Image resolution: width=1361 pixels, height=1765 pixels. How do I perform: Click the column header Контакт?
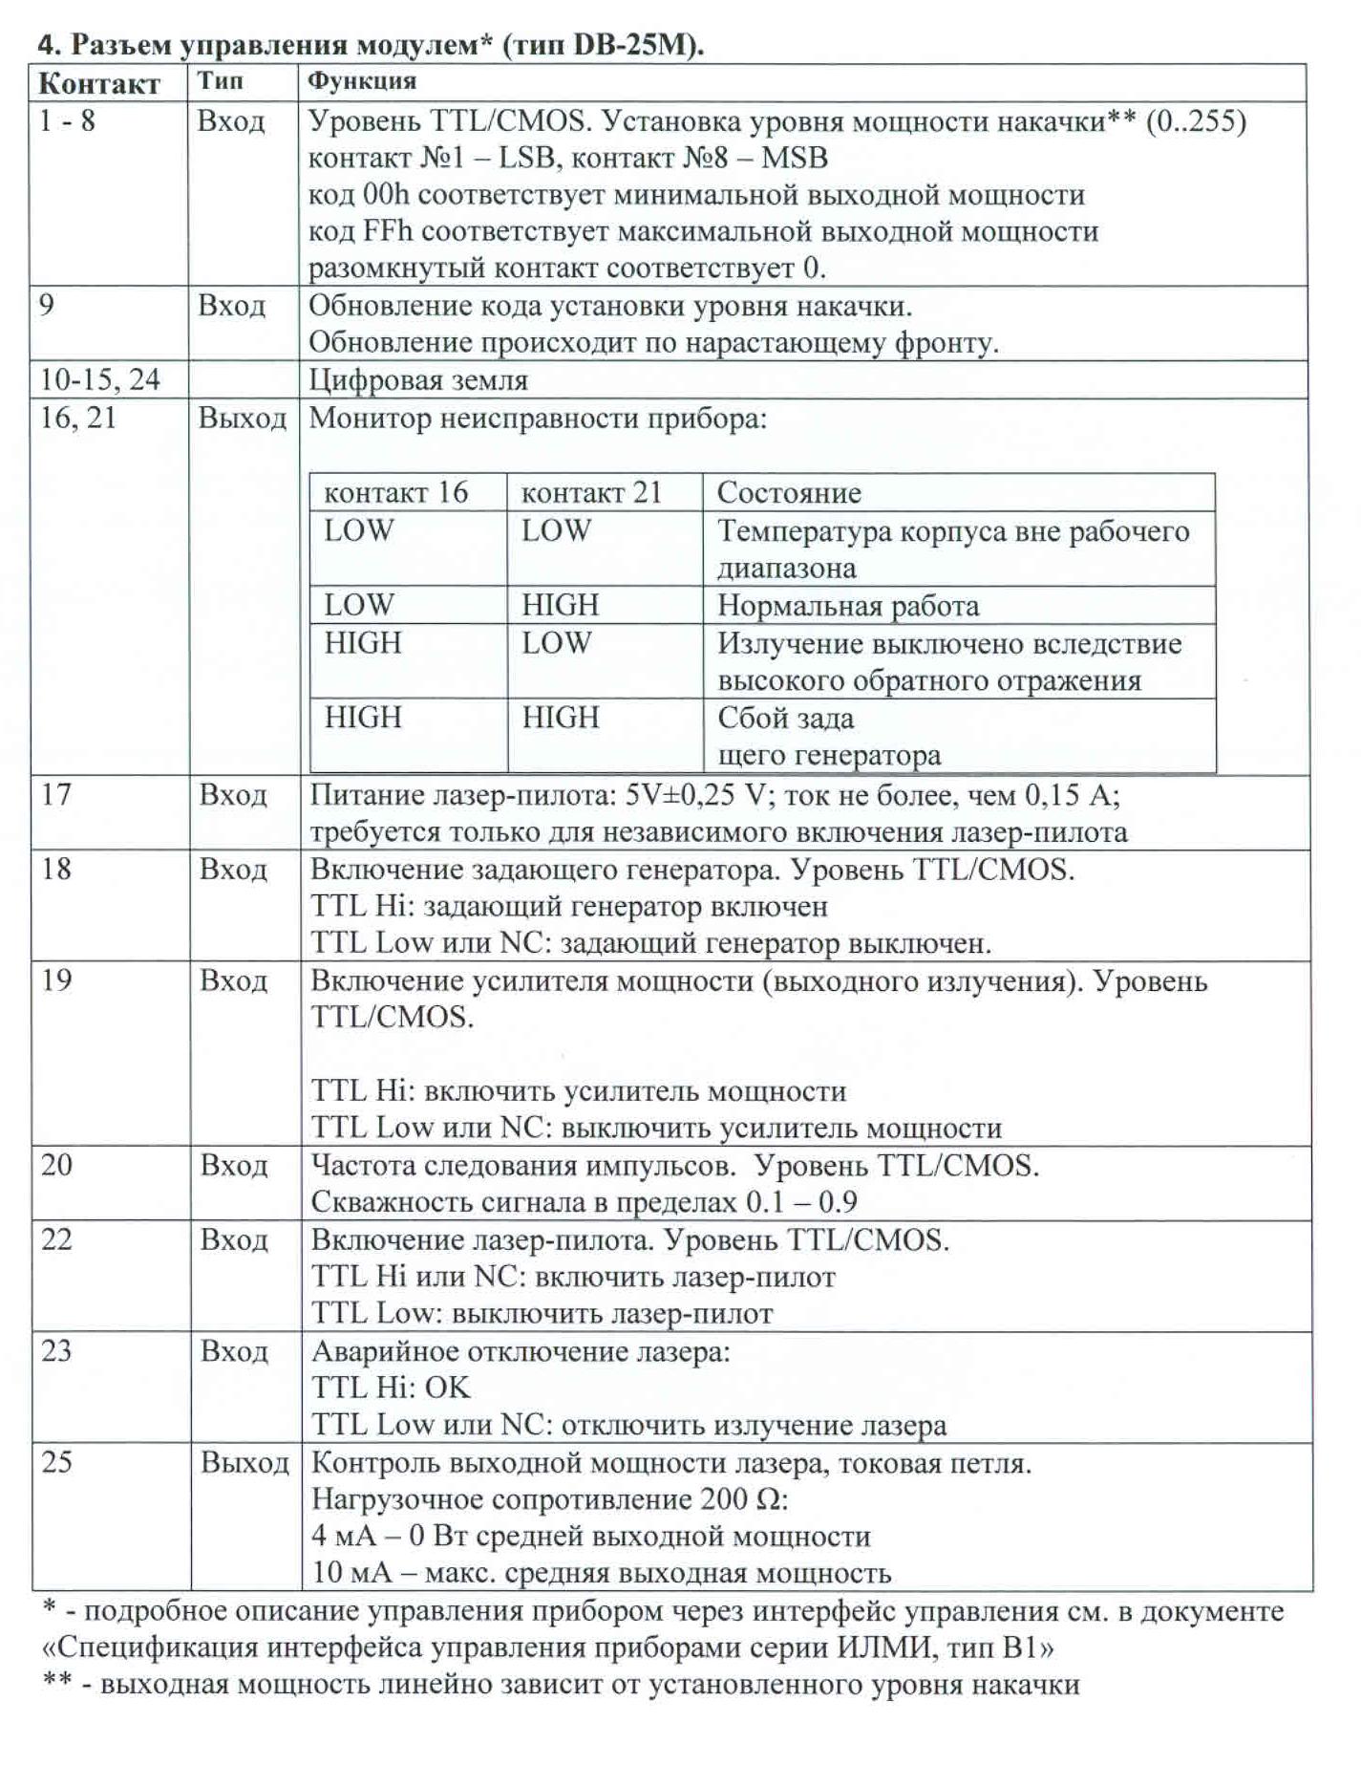click(x=99, y=84)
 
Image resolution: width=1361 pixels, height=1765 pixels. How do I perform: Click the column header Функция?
click(x=362, y=81)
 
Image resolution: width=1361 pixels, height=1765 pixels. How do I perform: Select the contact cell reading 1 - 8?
click(x=68, y=121)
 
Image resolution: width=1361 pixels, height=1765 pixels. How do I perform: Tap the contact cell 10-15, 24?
click(x=99, y=379)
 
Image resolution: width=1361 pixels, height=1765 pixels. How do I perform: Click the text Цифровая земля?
click(x=418, y=380)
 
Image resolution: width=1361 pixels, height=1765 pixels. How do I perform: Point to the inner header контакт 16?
click(x=395, y=492)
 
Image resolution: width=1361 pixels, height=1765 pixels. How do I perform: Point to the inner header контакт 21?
click(x=591, y=492)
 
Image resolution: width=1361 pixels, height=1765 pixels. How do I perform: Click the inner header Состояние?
click(x=789, y=492)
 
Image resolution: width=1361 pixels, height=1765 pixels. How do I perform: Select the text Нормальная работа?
click(x=848, y=606)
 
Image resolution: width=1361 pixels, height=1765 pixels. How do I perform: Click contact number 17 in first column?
click(x=56, y=794)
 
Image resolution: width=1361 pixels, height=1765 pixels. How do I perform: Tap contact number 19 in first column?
click(x=56, y=980)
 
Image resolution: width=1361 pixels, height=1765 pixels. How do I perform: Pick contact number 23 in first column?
click(x=56, y=1350)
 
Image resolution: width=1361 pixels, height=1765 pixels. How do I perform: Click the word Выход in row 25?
click(x=245, y=1462)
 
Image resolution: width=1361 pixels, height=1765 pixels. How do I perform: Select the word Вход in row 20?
click(x=234, y=1165)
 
